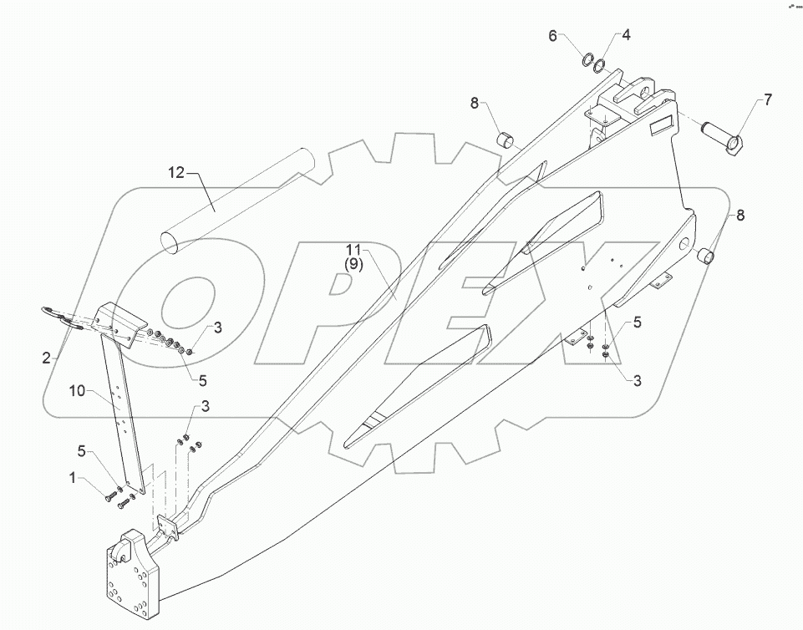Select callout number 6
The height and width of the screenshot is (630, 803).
(x=553, y=36)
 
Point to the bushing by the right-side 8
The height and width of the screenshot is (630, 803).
(x=708, y=256)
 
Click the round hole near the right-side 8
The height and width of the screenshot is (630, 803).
(x=684, y=245)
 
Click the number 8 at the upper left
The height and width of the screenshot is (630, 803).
(x=474, y=104)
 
